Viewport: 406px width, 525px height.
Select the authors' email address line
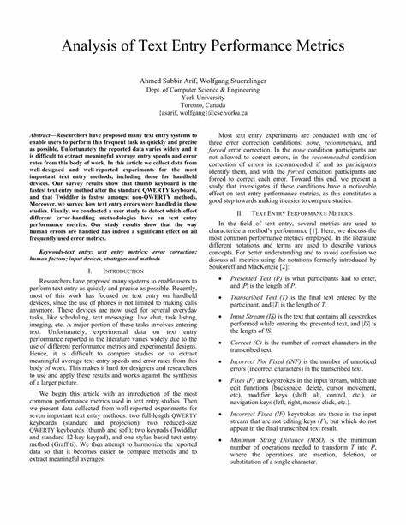[202, 113]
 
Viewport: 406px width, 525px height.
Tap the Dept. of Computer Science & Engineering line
[202, 88]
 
